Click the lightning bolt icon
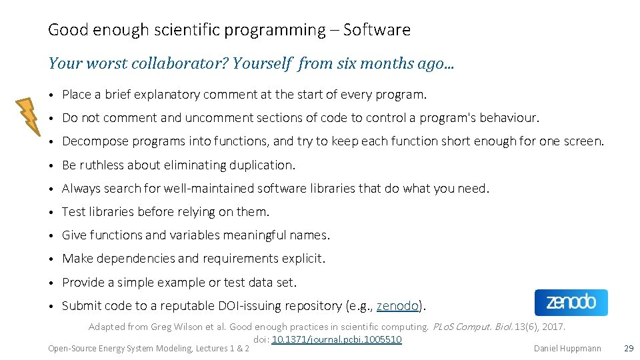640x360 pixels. [x=28, y=117]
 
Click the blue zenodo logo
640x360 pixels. [x=571, y=303]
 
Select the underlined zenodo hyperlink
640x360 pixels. [x=398, y=306]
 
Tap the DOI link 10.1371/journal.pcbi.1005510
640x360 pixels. [x=337, y=339]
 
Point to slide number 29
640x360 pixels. [x=628, y=348]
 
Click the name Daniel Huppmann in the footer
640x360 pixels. [x=567, y=348]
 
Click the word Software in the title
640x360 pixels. [x=377, y=30]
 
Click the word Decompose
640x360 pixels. [x=93, y=141]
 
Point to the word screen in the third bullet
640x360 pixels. [x=582, y=141]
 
